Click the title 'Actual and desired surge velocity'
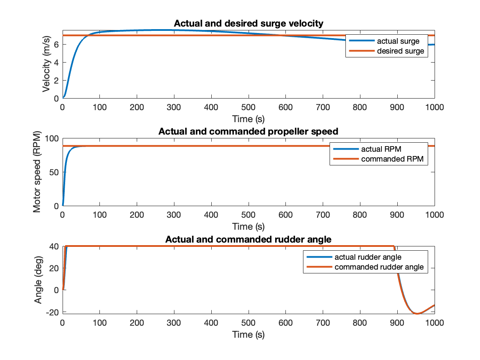248,24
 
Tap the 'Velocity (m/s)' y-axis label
46,64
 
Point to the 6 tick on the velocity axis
56,45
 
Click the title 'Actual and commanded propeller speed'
248,131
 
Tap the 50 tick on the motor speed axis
54,172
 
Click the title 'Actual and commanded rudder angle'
248,239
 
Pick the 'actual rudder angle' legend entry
364,257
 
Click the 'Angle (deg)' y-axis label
39,279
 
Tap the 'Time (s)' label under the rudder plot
248,334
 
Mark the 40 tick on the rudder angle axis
54,246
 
